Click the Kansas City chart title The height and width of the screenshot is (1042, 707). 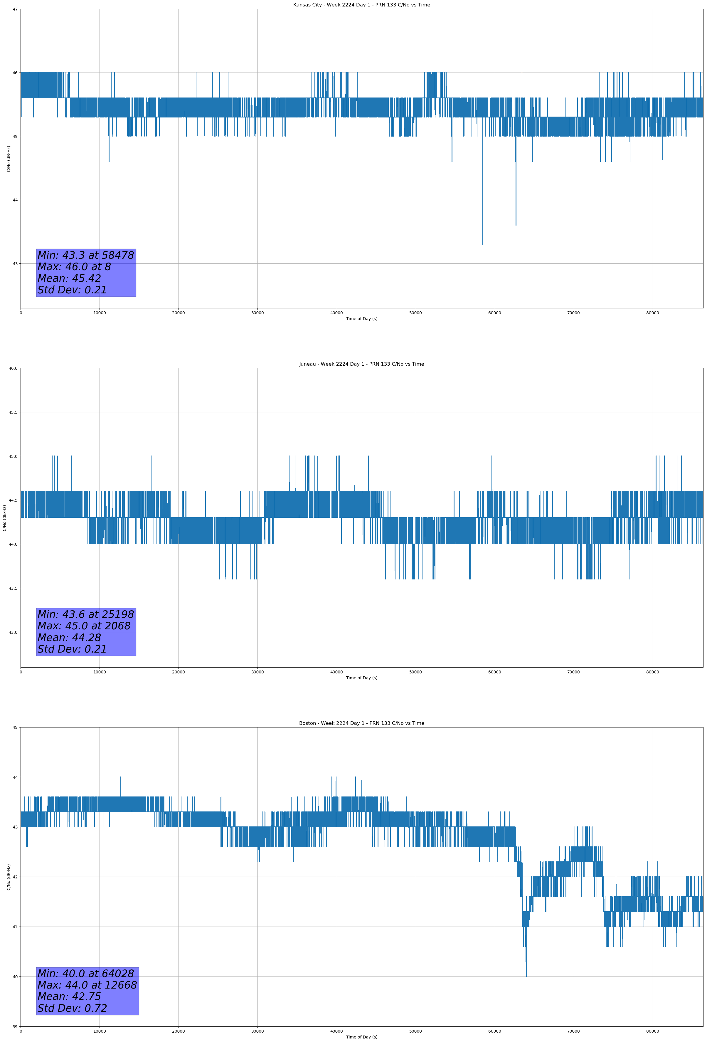tap(361, 5)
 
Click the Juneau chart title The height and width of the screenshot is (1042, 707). tap(361, 364)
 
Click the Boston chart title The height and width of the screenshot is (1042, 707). tap(361, 723)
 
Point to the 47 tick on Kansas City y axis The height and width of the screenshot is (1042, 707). tap(15, 9)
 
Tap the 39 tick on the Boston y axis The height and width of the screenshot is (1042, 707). tap(15, 1027)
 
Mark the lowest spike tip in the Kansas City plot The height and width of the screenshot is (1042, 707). tap(482, 244)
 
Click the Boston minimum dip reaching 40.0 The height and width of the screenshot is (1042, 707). tap(526, 976)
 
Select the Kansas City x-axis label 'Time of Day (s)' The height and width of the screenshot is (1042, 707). tap(361, 319)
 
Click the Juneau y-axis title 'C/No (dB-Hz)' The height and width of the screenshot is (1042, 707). tap(4, 518)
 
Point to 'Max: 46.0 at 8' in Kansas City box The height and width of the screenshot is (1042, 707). tap(74, 267)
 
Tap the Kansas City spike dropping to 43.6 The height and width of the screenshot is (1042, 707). tap(516, 225)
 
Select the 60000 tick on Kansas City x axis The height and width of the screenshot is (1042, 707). tap(494, 313)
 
